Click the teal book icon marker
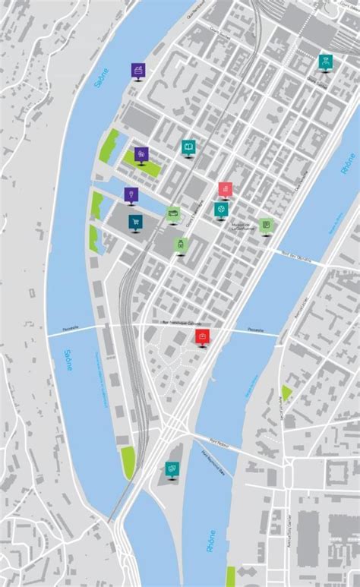188,147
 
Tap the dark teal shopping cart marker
135,222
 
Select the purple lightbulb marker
131,195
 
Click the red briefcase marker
202,336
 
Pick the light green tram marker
180,244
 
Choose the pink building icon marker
226,189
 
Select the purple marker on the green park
141,154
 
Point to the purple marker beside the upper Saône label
137,70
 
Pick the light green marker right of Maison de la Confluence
264,225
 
